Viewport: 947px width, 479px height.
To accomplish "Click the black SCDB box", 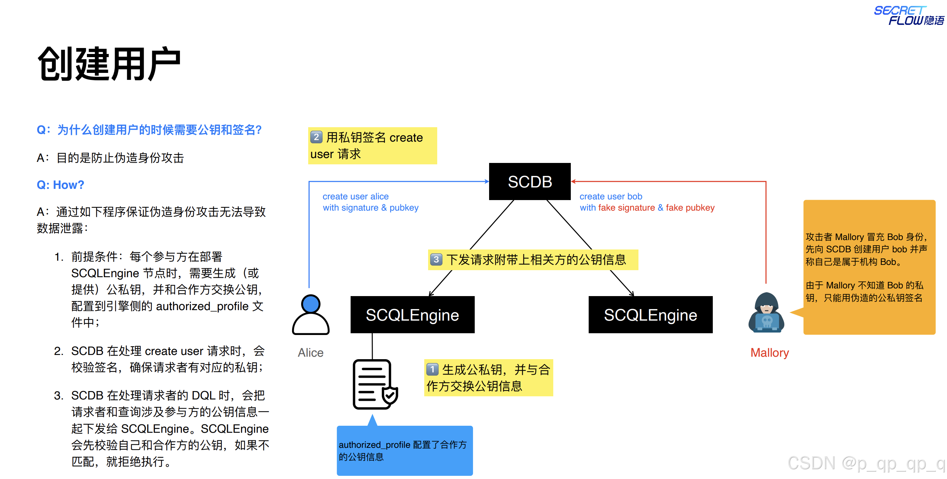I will pos(529,182).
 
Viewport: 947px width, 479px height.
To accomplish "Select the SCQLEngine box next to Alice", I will pos(412,315).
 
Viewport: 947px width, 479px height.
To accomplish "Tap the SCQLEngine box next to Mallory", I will pos(650,315).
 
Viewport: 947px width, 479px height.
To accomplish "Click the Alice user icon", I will pos(311,315).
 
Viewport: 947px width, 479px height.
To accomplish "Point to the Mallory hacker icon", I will pos(766,313).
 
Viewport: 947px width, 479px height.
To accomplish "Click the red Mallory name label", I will pos(770,353).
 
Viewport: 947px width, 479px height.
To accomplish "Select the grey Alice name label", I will pos(311,353).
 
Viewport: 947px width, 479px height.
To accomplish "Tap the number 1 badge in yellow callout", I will pos(432,369).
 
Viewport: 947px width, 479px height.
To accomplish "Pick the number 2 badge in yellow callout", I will pos(316,137).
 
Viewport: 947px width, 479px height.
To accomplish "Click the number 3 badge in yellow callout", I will pos(436,260).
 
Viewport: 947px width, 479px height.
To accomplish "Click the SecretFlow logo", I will pos(908,15).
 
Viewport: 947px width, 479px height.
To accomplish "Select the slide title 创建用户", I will pos(109,64).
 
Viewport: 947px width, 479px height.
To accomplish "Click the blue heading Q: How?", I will pos(60,185).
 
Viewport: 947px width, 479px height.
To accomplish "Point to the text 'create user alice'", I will pos(356,197).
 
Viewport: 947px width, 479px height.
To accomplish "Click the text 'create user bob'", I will pos(611,197).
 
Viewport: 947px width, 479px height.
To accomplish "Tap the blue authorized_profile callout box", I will pos(404,450).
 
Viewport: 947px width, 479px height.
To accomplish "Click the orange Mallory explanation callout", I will pos(869,267).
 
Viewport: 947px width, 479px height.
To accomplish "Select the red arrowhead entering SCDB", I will pos(574,182).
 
